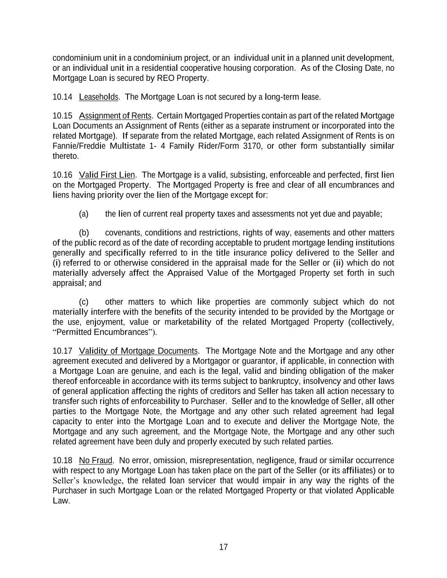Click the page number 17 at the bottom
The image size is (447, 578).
coord(223,547)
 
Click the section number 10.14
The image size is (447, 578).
coord(62,97)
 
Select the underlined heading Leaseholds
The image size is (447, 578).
coord(98,97)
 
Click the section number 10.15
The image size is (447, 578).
coord(62,116)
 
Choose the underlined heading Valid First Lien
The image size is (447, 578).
coord(107,175)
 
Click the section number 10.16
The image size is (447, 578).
coord(62,175)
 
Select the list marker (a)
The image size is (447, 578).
coord(83,214)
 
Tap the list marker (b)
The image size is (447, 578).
coord(83,232)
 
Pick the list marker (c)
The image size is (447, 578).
coord(83,302)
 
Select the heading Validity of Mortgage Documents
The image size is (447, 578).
coord(138,351)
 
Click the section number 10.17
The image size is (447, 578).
coord(62,351)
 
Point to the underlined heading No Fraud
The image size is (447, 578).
coord(95,460)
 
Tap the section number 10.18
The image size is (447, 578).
coord(62,460)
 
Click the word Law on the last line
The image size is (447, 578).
coord(60,501)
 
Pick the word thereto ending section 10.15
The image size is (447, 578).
coord(65,156)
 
